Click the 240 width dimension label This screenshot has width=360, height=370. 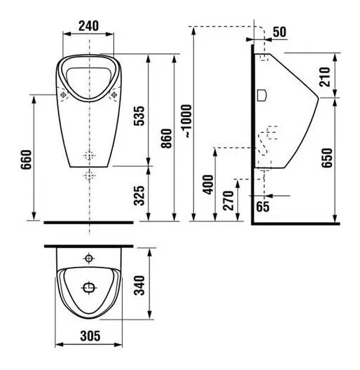tap(88, 26)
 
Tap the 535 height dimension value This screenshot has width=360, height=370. tap(139, 116)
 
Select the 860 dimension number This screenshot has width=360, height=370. tap(167, 138)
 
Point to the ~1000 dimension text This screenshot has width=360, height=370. tap(188, 121)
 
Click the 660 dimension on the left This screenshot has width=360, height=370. tap(26, 160)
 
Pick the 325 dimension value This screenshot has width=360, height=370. tap(139, 196)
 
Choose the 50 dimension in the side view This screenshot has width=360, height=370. tap(279, 32)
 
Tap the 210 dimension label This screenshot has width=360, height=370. tap(324, 77)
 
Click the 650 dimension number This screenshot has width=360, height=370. tap(327, 158)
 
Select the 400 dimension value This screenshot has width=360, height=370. tap(208, 184)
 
